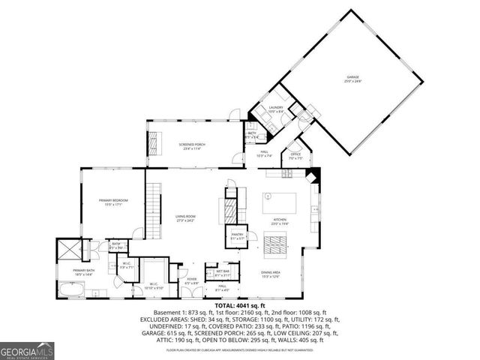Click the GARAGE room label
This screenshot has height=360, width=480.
click(353, 78)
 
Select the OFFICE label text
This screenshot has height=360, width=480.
click(295, 155)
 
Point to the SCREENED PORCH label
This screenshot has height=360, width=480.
click(192, 144)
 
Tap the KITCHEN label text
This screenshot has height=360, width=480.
click(279, 220)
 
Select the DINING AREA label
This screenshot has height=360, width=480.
click(271, 274)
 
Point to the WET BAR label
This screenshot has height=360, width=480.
click(222, 272)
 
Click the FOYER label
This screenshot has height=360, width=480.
click(192, 280)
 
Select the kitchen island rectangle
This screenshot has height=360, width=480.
click(278, 203)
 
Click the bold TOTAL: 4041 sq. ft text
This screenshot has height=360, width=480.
click(240, 306)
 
